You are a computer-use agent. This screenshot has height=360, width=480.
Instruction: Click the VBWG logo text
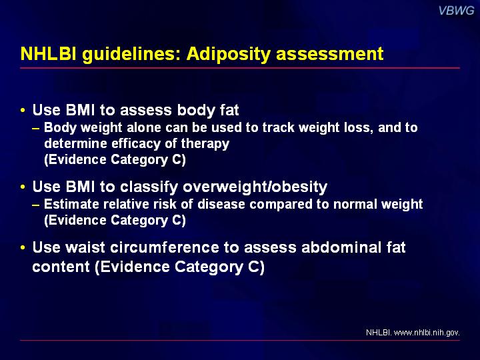pyautogui.click(x=456, y=11)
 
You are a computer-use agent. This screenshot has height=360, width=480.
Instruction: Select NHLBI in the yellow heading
pyautogui.click(x=49, y=53)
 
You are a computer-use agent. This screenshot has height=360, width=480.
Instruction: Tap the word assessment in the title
pyautogui.click(x=330, y=53)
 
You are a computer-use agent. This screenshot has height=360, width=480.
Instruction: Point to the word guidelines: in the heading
pyautogui.click(x=131, y=54)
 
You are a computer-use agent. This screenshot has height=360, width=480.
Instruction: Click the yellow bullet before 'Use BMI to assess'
pyautogui.click(x=23, y=110)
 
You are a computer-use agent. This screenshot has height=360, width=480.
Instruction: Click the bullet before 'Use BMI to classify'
pyautogui.click(x=23, y=187)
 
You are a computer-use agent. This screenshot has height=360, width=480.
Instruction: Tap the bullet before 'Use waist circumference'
pyautogui.click(x=23, y=247)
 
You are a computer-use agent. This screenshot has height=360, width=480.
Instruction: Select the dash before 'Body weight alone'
pyautogui.click(x=35, y=128)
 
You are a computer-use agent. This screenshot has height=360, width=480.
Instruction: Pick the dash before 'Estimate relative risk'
pyautogui.click(x=35, y=205)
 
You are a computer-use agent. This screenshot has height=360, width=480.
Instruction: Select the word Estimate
pyautogui.click(x=71, y=204)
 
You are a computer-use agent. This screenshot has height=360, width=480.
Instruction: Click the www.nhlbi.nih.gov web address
pyautogui.click(x=427, y=333)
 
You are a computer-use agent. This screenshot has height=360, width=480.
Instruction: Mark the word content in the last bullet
pyautogui.click(x=61, y=267)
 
